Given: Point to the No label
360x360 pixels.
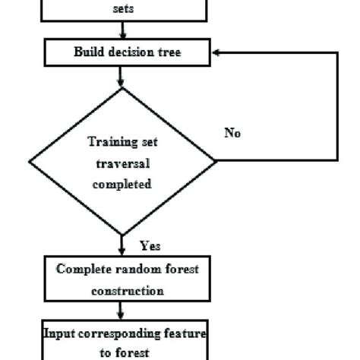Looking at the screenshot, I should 232,133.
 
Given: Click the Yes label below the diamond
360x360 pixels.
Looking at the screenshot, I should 150,246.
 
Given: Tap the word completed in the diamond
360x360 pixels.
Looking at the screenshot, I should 122,183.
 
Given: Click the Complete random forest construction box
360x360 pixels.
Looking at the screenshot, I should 122,279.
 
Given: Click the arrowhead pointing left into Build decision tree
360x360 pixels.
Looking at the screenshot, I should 218,53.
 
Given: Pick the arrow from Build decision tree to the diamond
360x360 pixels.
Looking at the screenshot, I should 122,76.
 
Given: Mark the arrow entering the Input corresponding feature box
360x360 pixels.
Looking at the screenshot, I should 122,311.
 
